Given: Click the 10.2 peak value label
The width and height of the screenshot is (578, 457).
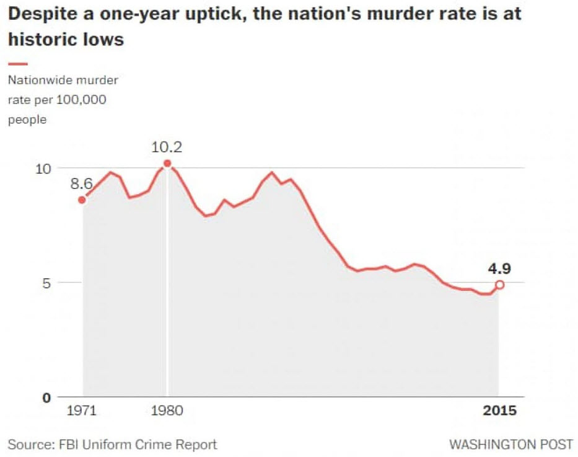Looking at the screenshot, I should (167, 148).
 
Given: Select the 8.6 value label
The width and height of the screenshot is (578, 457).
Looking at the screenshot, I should (81, 184).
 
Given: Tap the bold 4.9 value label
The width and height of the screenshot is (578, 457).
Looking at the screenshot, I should (499, 268).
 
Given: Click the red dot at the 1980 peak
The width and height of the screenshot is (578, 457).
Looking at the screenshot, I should (167, 164).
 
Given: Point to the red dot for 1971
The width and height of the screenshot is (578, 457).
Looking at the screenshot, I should (82, 200).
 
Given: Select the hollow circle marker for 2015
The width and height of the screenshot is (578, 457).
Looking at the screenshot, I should (500, 285).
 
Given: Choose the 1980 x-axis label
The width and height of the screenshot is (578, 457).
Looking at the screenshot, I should (165, 410).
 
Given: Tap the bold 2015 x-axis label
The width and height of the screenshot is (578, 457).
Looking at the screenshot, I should (500, 410).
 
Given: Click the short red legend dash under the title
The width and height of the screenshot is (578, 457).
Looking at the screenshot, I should (18, 64).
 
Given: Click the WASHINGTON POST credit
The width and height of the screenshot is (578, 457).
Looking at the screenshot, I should (511, 445).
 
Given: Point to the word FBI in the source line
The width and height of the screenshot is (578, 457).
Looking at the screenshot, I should (68, 445).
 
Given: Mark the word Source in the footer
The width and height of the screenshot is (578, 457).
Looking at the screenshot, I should (27, 445).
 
